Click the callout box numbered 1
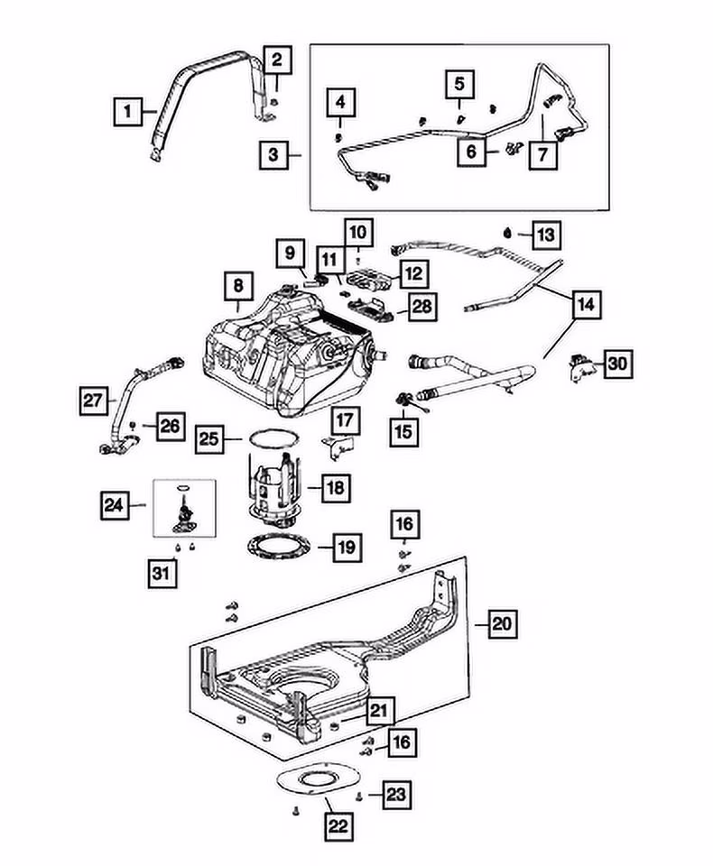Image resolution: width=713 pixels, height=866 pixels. (128, 113)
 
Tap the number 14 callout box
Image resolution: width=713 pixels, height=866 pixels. (586, 306)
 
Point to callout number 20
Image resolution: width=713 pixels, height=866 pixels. (500, 622)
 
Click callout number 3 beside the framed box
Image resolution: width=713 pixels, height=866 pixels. (273, 155)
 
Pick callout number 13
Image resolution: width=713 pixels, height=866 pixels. (545, 235)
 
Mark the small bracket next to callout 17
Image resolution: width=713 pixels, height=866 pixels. (338, 446)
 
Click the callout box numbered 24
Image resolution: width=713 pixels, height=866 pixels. (113, 506)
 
